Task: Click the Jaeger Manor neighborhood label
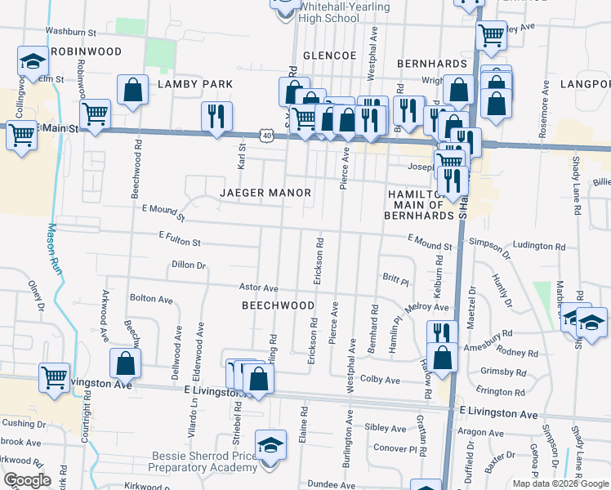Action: [265, 193]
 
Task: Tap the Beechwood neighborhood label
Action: [278, 305]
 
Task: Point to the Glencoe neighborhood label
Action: [330, 55]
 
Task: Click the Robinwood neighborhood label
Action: [86, 51]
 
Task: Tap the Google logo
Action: [27, 480]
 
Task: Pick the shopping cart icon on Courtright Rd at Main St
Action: [96, 114]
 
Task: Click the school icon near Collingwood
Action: [33, 60]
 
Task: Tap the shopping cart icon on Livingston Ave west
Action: [55, 377]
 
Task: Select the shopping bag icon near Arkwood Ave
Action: [125, 362]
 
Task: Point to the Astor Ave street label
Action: [258, 288]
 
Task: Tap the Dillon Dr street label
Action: [189, 265]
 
